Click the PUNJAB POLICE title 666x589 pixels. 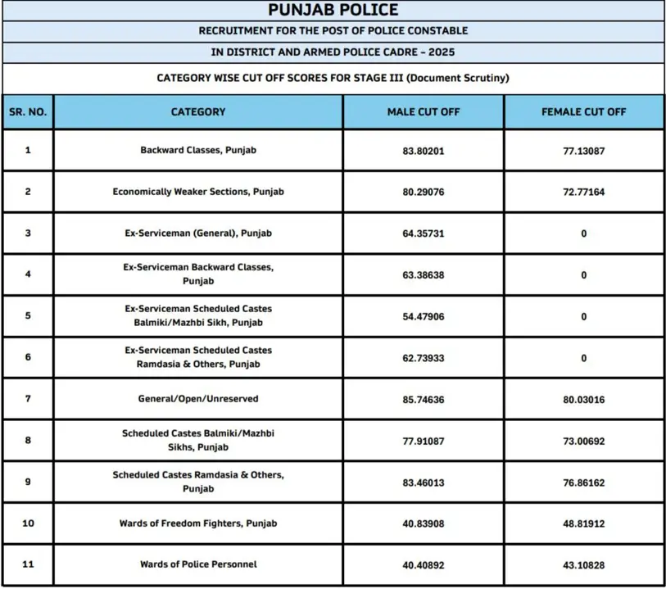pyautogui.click(x=333, y=10)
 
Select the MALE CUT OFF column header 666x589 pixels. pyautogui.click(x=424, y=111)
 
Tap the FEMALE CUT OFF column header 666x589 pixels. pyautogui.click(x=583, y=111)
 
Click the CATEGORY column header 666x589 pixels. pyautogui.click(x=198, y=111)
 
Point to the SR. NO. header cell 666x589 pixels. pyautogui.click(x=28, y=111)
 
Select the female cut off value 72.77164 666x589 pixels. pyautogui.click(x=583, y=192)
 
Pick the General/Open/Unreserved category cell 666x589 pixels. pyautogui.click(x=198, y=399)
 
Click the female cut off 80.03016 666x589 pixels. pyautogui.click(x=583, y=399)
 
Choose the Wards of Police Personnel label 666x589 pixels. pyautogui.click(x=198, y=564)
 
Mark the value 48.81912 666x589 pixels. pyautogui.click(x=583, y=523)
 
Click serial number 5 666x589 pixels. pyautogui.click(x=28, y=315)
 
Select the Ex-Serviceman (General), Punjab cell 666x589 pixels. pyautogui.click(x=198, y=233)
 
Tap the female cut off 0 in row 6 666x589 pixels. pyautogui.click(x=583, y=358)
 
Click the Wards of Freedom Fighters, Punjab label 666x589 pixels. pyautogui.click(x=198, y=523)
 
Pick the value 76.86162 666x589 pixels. pyautogui.click(x=583, y=483)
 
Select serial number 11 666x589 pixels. pyautogui.click(x=28, y=564)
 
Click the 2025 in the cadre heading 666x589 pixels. pyautogui.click(x=441, y=52)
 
